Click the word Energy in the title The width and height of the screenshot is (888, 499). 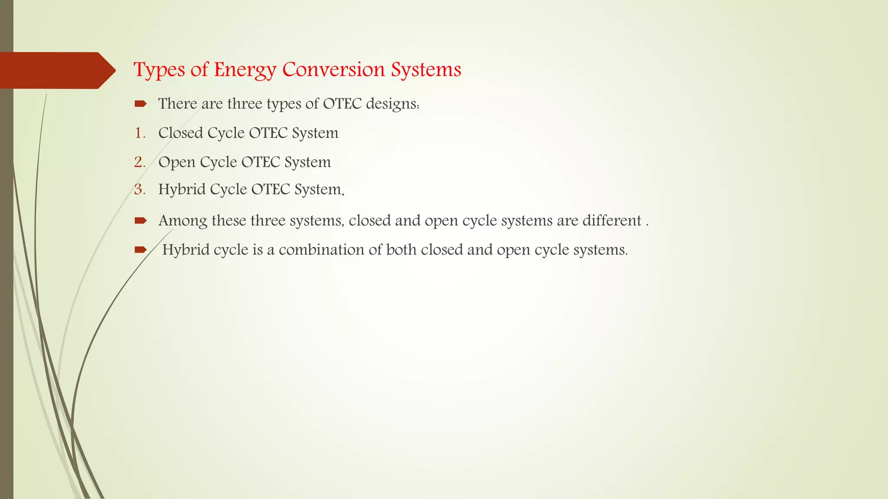245,70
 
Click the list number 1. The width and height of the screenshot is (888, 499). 140,133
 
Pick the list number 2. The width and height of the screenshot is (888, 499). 140,162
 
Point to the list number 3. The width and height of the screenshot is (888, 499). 140,189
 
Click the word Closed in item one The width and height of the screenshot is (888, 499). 180,133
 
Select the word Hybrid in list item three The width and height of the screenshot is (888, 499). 182,190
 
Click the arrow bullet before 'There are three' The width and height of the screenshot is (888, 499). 140,104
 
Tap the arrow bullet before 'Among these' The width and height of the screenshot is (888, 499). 140,221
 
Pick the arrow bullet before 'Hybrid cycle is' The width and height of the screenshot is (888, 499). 140,249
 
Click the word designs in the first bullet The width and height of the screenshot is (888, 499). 392,104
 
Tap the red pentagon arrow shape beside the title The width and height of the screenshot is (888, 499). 56,70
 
